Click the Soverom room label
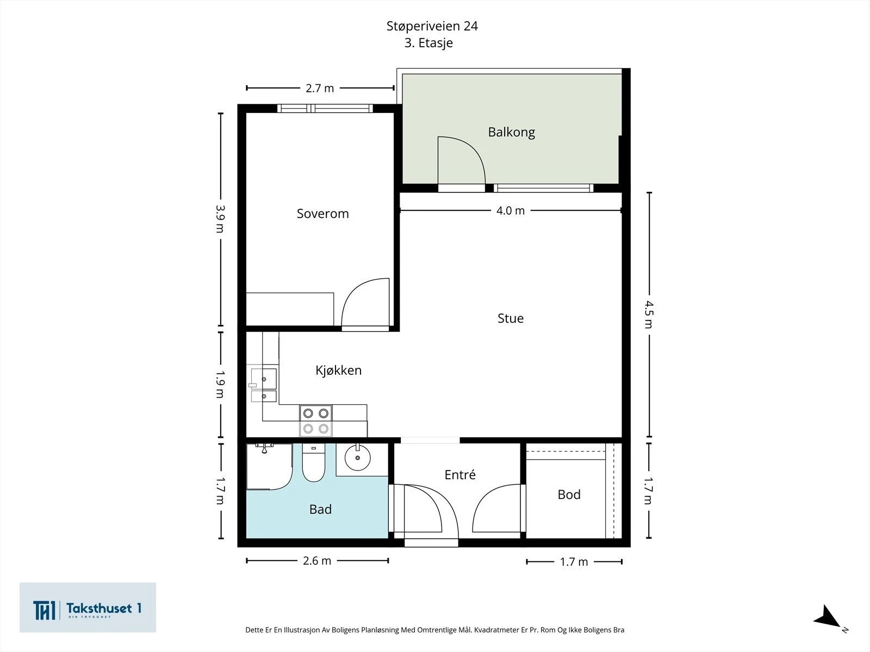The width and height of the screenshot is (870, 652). click(x=322, y=214)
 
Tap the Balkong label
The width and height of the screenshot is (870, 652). click(x=511, y=132)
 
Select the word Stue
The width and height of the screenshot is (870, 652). click(x=511, y=318)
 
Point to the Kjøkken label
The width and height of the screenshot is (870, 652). click(x=339, y=371)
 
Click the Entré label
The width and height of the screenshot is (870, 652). click(x=460, y=475)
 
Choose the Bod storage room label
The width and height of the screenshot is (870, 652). click(x=569, y=494)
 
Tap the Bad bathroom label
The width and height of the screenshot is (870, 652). click(x=320, y=510)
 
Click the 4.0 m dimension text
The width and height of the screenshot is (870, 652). click(x=511, y=211)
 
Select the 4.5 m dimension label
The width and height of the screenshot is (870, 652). click(x=649, y=315)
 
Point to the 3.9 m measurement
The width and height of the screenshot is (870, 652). click(x=220, y=219)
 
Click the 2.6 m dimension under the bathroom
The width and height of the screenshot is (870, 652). click(x=316, y=561)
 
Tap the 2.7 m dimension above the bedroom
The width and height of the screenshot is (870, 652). click(x=320, y=88)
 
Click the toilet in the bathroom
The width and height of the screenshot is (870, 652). click(x=314, y=462)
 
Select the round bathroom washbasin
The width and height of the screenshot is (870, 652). click(x=357, y=458)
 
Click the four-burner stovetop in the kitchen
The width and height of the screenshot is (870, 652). click(x=316, y=421)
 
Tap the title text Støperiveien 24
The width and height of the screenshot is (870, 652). click(x=432, y=26)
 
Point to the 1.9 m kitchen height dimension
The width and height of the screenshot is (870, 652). click(x=220, y=384)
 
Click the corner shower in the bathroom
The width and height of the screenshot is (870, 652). click(x=269, y=467)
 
